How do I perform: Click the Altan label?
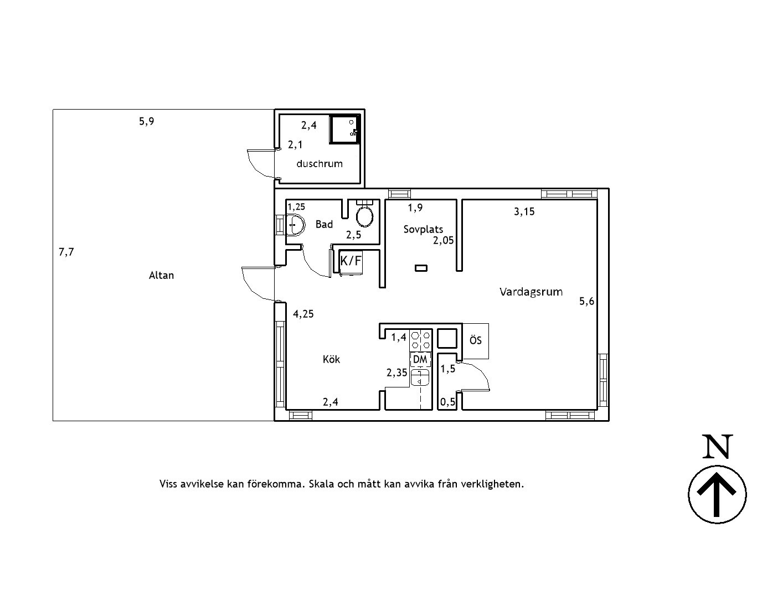click(161, 276)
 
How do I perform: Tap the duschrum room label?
click(320, 163)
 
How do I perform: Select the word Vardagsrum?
click(531, 292)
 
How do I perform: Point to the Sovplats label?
click(423, 229)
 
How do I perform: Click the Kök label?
click(331, 359)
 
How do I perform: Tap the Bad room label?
click(324, 224)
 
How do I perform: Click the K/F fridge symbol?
click(351, 261)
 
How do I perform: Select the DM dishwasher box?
click(420, 359)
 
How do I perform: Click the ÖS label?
click(476, 340)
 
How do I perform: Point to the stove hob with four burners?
click(421, 339)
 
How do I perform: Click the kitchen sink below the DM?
click(420, 377)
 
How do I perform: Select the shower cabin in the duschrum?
click(345, 129)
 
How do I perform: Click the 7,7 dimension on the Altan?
click(66, 252)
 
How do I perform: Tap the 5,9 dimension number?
click(146, 122)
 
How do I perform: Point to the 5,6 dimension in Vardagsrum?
click(587, 302)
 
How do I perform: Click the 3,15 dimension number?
click(524, 212)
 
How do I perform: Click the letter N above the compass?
click(718, 447)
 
